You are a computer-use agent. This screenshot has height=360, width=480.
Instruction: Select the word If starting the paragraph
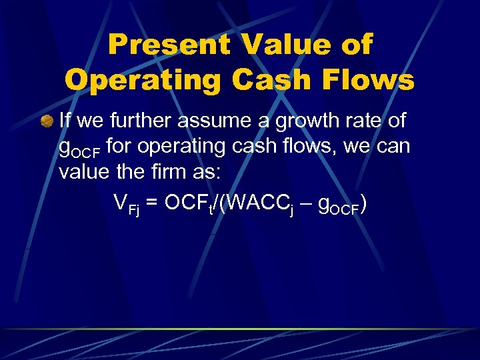point(65,121)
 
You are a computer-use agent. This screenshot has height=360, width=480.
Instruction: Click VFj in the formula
point(126,203)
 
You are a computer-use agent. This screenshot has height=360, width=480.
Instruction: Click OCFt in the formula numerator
point(188,203)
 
